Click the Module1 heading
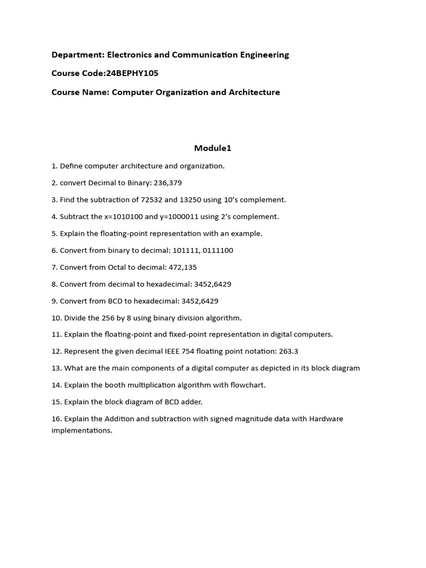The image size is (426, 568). point(212,148)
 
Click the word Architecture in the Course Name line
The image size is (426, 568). point(255,92)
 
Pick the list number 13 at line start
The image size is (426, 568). point(56,368)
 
